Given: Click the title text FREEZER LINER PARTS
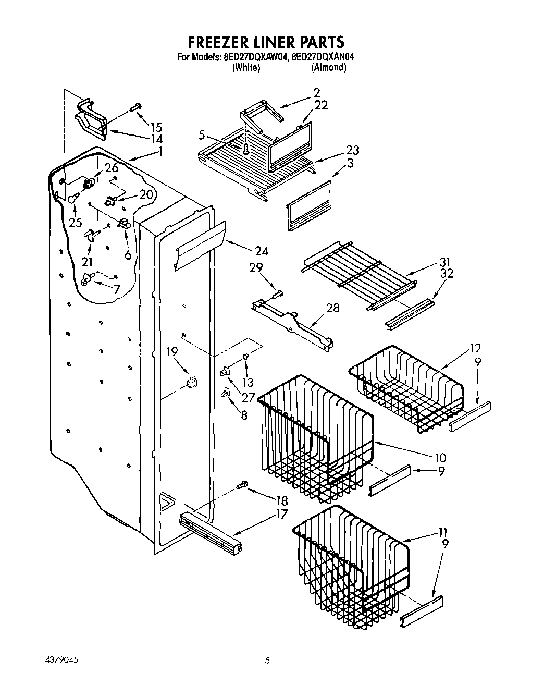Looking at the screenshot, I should (266, 41).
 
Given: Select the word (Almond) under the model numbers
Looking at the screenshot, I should (328, 68).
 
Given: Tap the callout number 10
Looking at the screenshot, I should (440, 458).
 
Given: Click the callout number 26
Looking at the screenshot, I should (111, 168).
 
